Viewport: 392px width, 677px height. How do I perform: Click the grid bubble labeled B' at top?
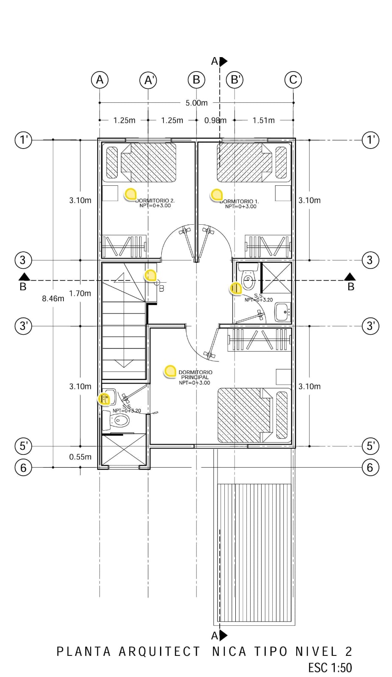235,80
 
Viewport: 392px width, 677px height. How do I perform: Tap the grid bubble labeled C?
293,80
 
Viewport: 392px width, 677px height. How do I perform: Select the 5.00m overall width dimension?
196,103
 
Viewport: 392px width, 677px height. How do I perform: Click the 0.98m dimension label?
215,120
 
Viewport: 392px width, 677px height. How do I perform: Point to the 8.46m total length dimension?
53,298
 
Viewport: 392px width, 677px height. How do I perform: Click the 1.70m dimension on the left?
80,293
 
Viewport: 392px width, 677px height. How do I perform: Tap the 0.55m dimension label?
80,457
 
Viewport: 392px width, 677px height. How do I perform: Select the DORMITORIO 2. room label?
155,201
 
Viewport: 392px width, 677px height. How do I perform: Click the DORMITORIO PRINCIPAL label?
195,374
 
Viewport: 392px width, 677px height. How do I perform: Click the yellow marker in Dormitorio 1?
217,194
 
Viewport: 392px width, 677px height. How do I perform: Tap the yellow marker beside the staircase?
150,275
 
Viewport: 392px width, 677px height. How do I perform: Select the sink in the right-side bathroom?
282,312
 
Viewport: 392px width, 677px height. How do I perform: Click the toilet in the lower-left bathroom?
119,421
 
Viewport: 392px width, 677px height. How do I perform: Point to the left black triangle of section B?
24,277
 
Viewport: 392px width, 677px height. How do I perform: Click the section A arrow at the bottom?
223,635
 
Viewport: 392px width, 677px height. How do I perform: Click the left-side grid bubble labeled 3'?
23,326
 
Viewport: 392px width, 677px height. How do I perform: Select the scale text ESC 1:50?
330,667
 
